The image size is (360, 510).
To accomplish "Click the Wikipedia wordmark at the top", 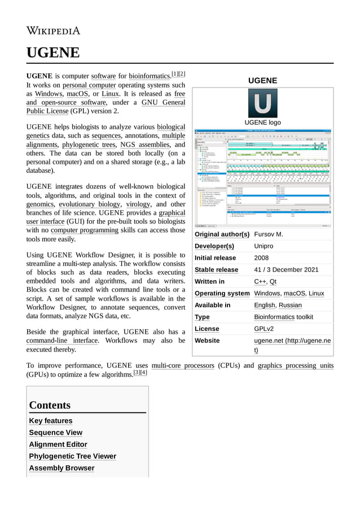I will click(53, 30).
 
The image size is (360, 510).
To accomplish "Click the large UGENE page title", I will click(53, 53).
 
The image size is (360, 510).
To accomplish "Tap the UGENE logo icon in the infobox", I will click(262, 103).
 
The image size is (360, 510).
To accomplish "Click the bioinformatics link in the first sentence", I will click(150, 76).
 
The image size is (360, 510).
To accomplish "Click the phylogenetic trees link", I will click(89, 145).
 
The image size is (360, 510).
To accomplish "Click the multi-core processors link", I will click(183, 365).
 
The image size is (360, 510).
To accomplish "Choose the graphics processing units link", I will click(295, 365).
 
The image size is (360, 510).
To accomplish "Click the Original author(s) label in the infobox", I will click(222, 234).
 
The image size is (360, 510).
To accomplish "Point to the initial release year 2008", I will click(261, 258).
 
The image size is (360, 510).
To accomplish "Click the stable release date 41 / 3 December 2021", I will click(286, 269).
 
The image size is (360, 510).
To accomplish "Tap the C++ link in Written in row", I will click(260, 281).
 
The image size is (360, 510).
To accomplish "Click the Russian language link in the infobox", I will click(290, 305).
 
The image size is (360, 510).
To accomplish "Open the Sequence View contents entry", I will click(55, 433).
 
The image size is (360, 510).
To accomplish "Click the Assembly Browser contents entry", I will click(62, 468).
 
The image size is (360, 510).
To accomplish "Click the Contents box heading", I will click(50, 405).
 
